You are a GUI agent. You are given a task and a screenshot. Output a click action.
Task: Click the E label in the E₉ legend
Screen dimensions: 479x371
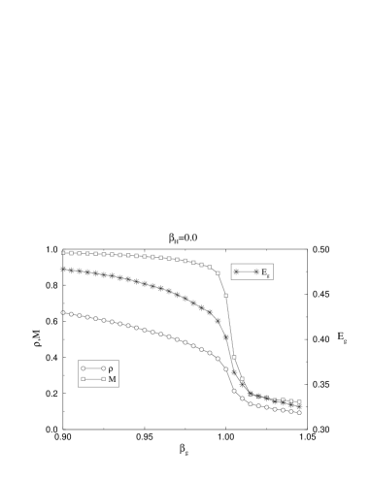264,272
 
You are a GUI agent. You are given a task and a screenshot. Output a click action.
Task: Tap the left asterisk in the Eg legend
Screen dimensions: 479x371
237,272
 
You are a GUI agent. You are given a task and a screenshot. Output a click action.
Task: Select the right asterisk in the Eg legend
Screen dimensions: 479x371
256,272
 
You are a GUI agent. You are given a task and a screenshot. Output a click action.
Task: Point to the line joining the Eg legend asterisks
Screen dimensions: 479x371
247,272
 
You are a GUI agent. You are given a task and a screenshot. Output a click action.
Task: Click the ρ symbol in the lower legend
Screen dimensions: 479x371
111,368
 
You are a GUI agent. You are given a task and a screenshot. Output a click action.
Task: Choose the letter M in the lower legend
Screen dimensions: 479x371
112,380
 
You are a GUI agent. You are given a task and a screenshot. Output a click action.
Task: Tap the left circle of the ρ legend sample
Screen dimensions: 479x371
84,368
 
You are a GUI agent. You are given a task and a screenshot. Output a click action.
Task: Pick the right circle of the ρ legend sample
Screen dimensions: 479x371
103,368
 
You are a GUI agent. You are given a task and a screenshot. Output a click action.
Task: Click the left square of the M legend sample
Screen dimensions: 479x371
84,380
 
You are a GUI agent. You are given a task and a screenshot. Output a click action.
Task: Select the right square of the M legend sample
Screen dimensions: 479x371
103,380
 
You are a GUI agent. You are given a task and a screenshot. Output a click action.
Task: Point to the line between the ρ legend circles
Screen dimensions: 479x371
93,368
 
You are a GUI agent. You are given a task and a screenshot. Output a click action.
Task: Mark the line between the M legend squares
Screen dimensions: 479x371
93,380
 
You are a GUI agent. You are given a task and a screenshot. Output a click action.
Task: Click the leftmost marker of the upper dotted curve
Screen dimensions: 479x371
63,253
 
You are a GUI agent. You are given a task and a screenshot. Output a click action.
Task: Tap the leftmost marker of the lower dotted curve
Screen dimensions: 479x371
63,312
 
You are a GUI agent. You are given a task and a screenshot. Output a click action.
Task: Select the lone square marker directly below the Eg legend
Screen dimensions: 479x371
225,295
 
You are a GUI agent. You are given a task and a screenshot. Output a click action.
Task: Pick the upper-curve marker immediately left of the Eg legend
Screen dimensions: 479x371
218,273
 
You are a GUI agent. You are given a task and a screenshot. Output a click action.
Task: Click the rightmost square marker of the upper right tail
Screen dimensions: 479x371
299,401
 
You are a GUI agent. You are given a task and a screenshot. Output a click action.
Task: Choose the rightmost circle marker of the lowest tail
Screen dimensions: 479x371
299,412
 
